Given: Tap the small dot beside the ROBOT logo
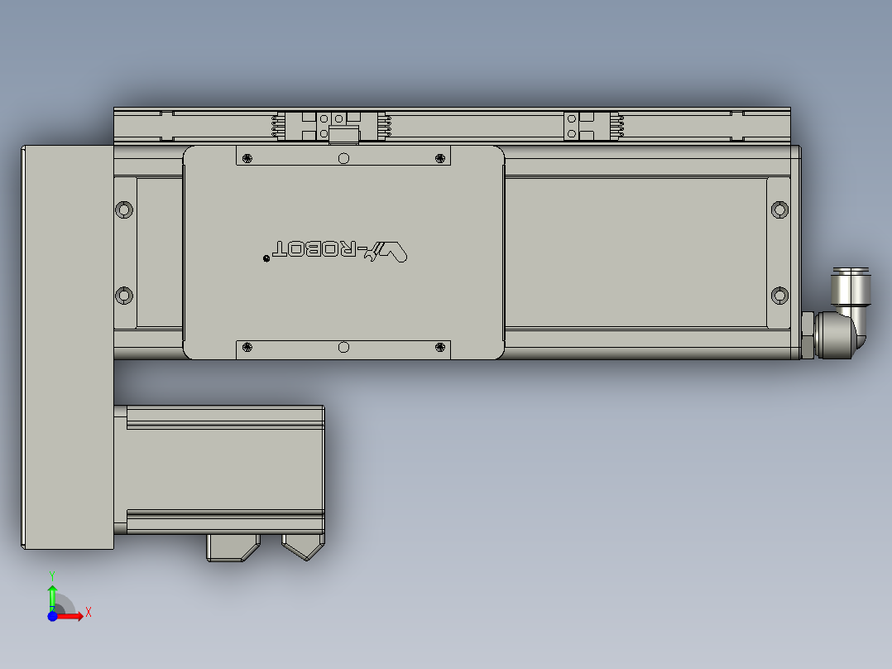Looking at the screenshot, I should point(266,259).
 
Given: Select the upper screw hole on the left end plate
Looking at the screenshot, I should point(123,209).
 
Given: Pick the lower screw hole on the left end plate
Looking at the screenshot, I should point(123,295).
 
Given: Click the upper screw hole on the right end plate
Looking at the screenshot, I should point(779,209).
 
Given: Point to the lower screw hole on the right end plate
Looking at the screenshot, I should point(779,295).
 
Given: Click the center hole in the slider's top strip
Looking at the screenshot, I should point(344,157).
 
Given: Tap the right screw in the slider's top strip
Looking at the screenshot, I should point(439,157).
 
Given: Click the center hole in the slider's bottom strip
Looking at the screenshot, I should point(344,348).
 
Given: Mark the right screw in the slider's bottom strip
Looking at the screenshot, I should point(439,348).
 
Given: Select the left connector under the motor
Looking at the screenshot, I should point(233,547).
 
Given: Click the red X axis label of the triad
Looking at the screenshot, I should point(88,613).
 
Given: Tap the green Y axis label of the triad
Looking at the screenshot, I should point(51,574).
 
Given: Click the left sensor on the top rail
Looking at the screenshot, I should point(331,126).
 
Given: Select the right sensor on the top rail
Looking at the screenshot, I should point(592,126).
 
